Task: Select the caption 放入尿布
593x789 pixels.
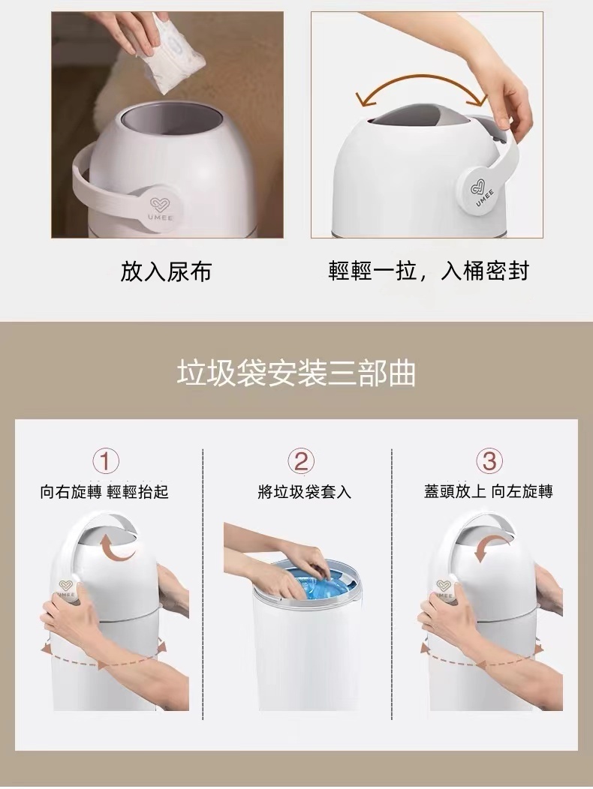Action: point(165,271)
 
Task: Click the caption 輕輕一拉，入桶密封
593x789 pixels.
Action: point(429,271)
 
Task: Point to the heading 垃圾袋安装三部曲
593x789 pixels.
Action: point(296,373)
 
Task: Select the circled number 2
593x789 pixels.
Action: point(301,460)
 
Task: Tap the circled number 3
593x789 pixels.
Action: point(489,460)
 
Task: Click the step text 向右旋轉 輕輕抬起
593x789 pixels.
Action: point(104,491)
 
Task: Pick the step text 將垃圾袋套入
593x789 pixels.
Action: point(304,491)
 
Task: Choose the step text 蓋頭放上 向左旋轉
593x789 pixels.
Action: point(488,491)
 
